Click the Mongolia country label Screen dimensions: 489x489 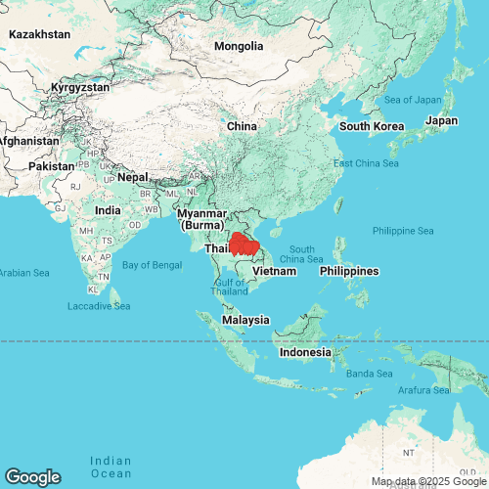pos(239,46)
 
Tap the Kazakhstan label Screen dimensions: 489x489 pos(39,34)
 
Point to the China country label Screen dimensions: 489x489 pos(242,126)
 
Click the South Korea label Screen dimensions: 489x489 pos(371,126)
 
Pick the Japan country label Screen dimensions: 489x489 pos(441,121)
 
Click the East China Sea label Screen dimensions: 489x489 pos(366,162)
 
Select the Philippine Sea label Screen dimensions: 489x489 pos(403,231)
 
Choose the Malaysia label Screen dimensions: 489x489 pos(245,320)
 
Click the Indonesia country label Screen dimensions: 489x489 pos(305,352)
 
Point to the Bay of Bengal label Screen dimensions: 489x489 pos(153,264)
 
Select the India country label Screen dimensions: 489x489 pos(108,210)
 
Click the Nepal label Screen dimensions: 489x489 pos(132,178)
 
